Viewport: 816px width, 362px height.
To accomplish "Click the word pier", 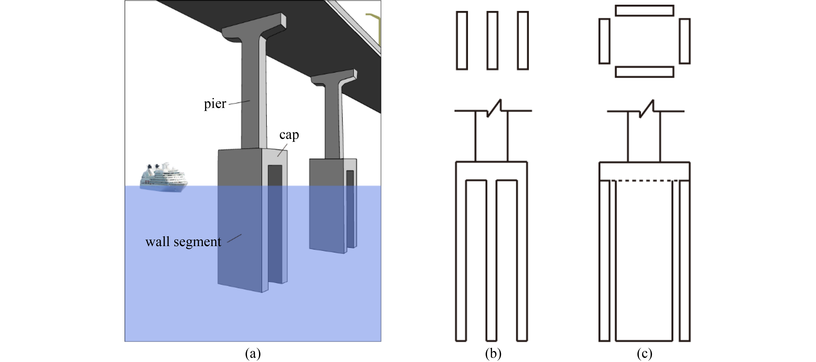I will (215, 104).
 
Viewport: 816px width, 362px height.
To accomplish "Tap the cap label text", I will (289, 135).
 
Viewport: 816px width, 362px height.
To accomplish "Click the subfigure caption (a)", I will (253, 353).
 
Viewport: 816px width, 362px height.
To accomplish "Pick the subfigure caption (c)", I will (644, 353).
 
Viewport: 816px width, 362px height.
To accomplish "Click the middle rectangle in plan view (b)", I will (492, 41).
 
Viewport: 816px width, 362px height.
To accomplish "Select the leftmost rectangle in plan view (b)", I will (462, 41).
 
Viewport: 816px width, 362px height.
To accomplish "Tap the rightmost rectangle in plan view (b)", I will (523, 41).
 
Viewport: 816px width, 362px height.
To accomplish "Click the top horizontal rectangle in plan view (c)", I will (644, 10).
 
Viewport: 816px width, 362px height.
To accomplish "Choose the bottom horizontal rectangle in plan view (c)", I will (644, 72).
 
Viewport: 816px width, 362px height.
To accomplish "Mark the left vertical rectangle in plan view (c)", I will (604, 41).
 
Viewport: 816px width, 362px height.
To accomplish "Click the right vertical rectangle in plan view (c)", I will (685, 41).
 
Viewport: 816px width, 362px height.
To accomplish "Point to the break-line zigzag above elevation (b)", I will (494, 108).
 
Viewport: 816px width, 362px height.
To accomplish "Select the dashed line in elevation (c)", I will (644, 181).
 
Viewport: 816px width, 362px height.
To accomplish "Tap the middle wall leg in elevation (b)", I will (491, 260).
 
